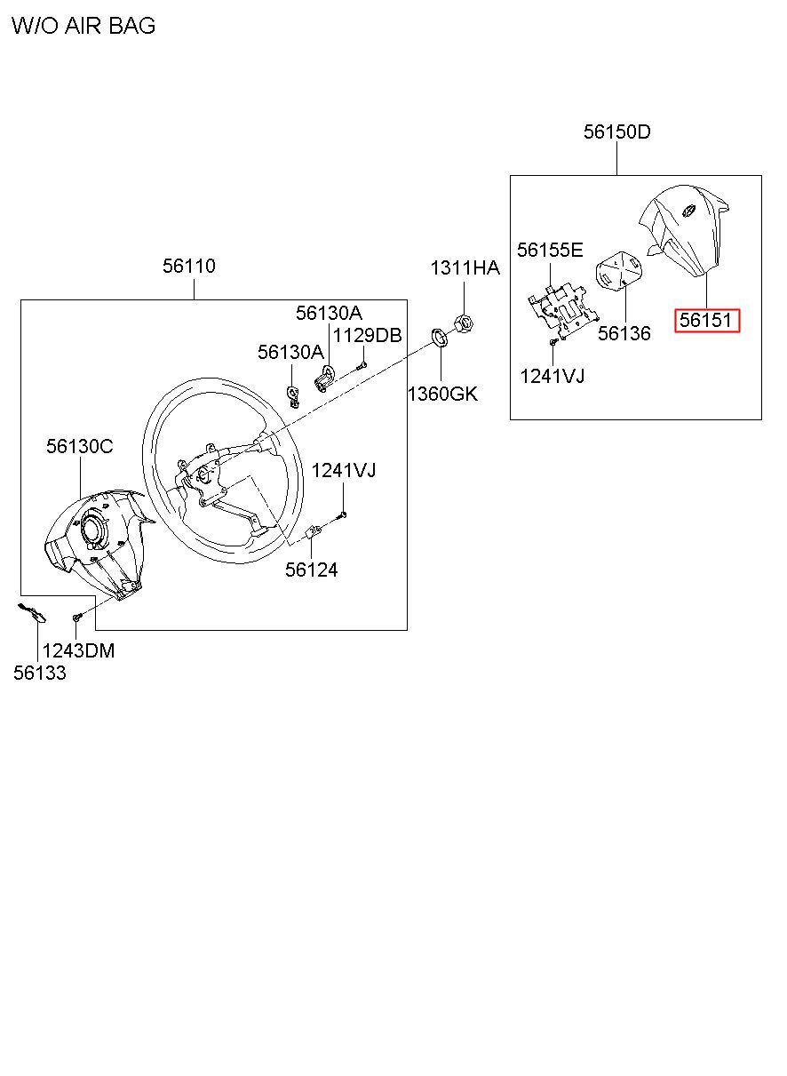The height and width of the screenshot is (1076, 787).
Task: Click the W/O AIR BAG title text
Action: tap(83, 26)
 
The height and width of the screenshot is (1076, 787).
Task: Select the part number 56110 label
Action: tap(189, 266)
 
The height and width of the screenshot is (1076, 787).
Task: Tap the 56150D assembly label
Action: tap(616, 132)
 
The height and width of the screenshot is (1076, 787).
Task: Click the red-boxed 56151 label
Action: tap(708, 320)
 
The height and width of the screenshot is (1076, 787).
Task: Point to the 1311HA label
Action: tap(465, 268)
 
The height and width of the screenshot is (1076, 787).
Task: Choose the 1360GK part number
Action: tap(442, 393)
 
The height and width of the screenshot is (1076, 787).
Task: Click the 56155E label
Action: tap(550, 250)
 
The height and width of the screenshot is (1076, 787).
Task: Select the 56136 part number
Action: tap(624, 333)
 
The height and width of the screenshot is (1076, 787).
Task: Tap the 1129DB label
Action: tap(367, 335)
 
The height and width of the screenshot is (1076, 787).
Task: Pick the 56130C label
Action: tap(80, 447)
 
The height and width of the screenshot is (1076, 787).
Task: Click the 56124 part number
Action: tap(311, 570)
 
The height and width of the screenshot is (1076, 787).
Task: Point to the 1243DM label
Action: tap(78, 650)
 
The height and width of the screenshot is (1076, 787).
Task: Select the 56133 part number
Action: tap(39, 673)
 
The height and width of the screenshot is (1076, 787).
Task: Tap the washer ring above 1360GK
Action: tap(439, 336)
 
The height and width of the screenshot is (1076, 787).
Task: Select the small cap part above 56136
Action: tap(619, 271)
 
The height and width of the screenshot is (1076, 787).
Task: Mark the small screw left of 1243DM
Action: tap(77, 615)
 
